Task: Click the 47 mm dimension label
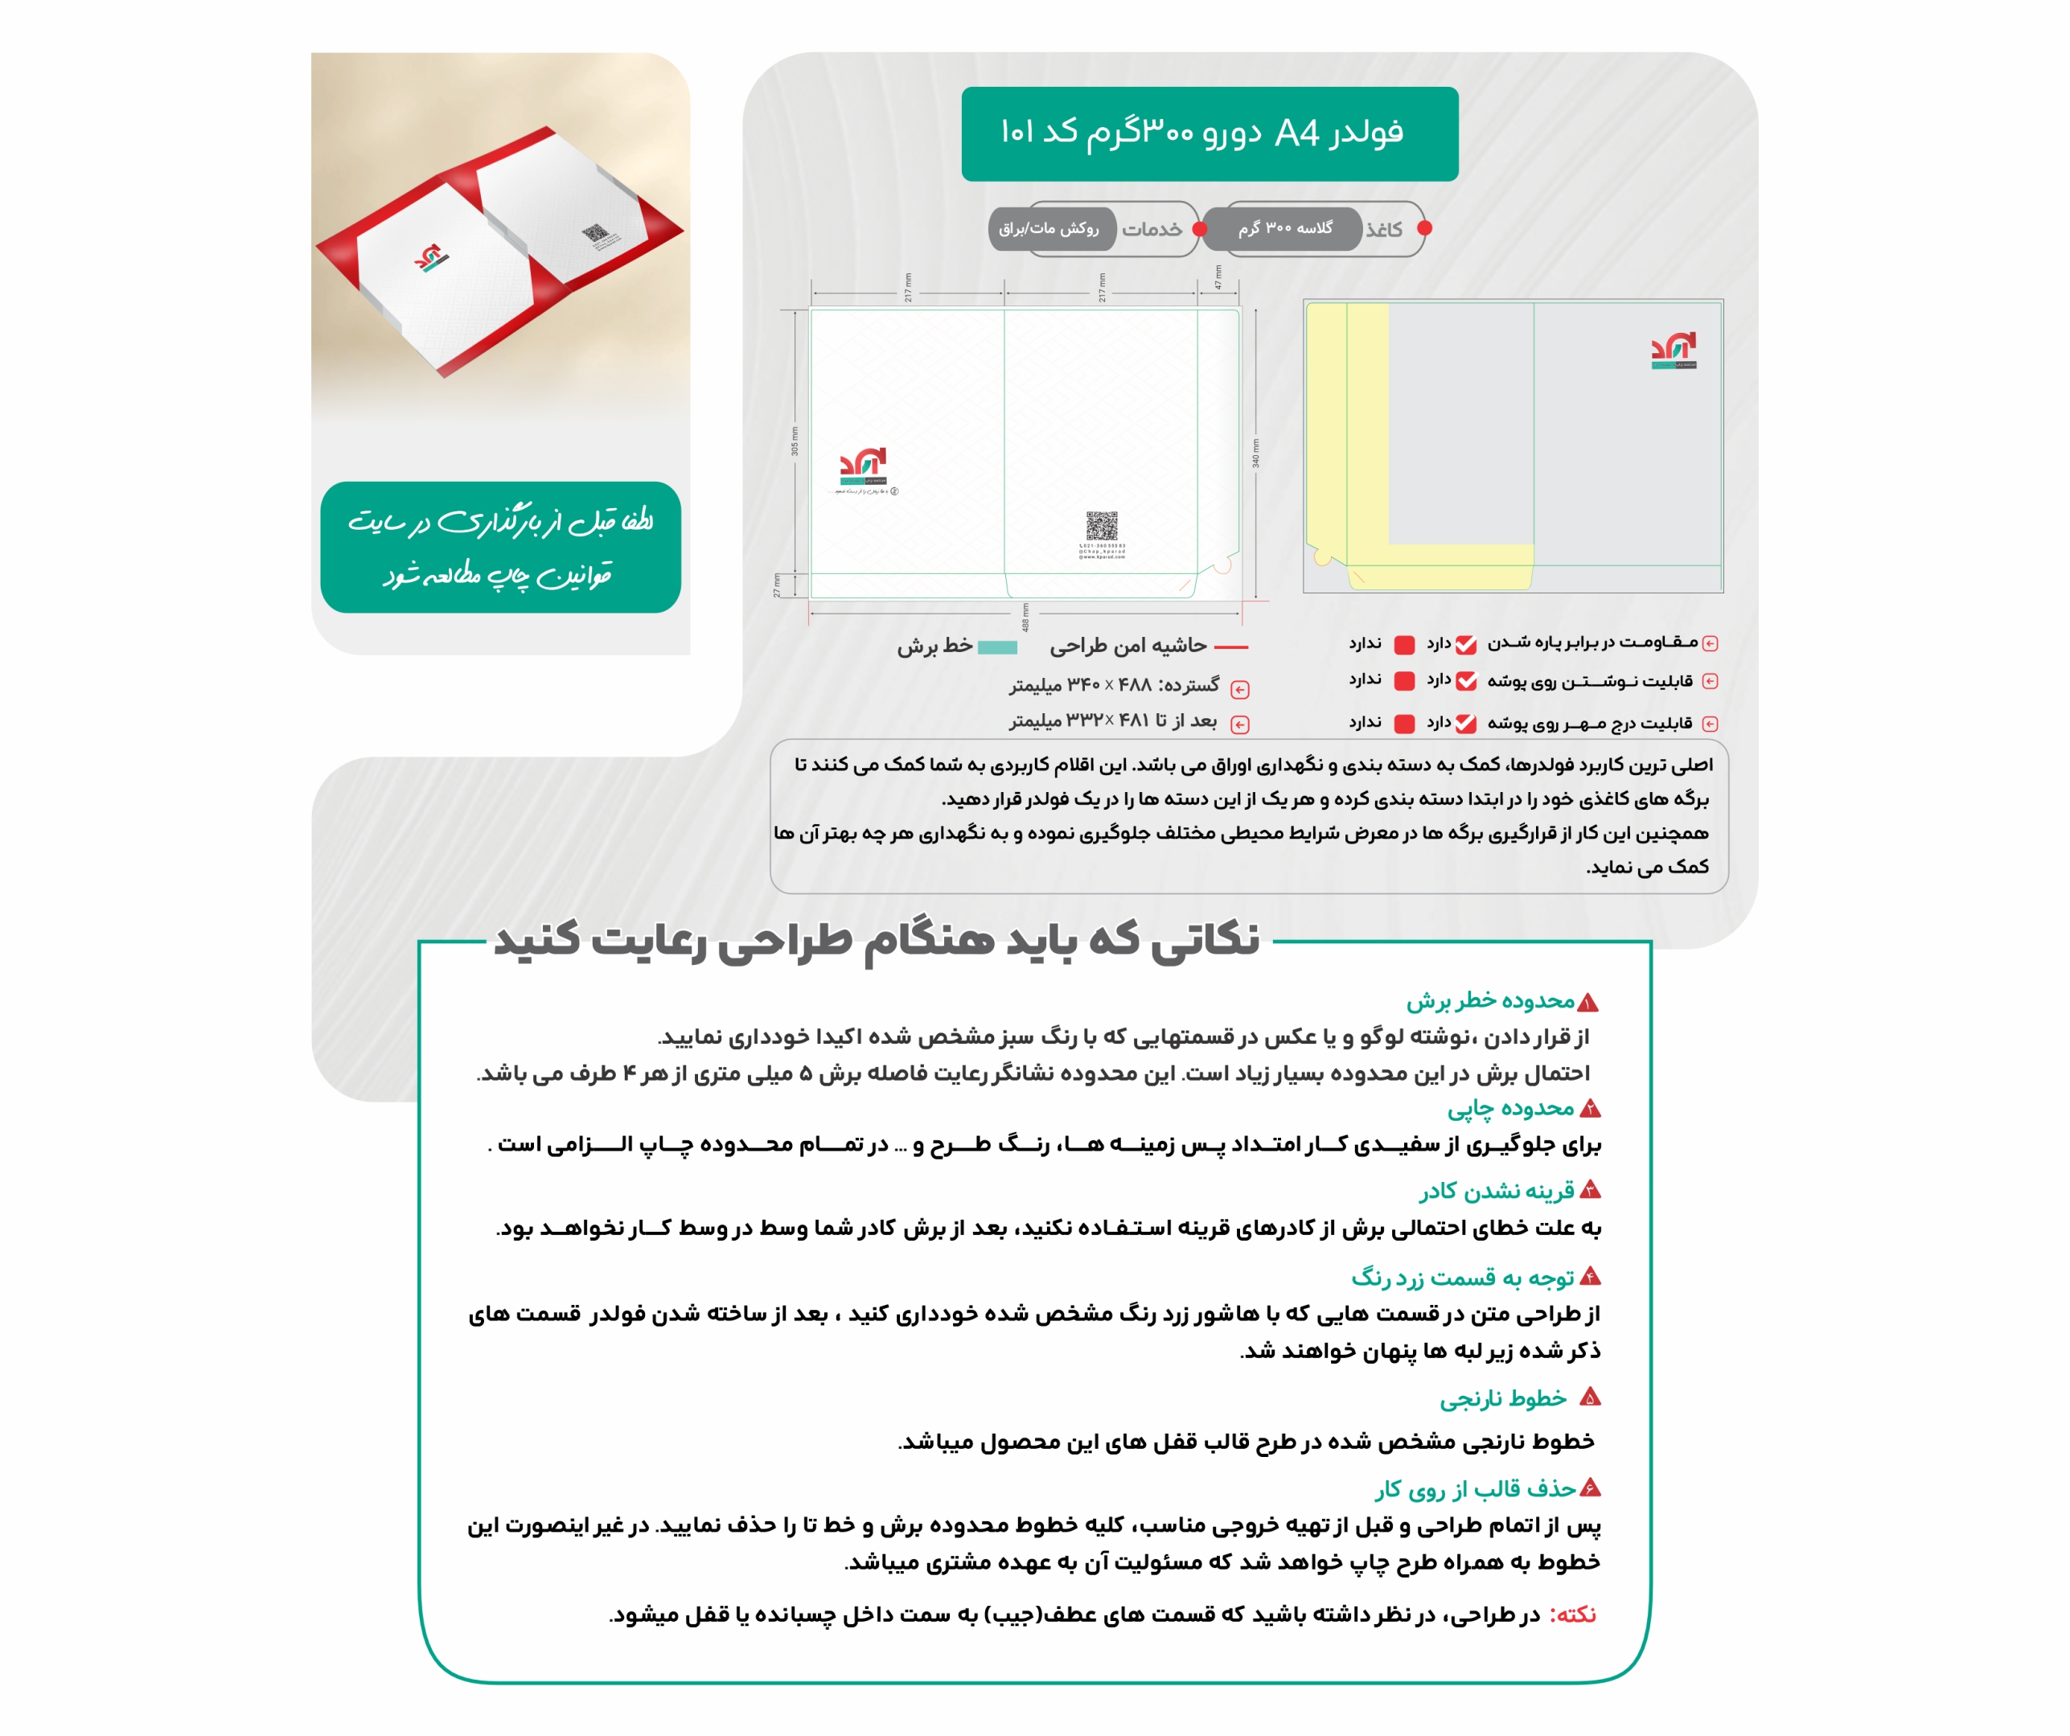[1218, 278]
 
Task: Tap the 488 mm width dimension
[1025, 617]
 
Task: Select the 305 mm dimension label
[795, 441]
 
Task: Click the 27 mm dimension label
[777, 585]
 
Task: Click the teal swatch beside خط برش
[996, 647]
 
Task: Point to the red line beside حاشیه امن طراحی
[1231, 647]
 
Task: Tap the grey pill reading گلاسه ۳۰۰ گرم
[1284, 228]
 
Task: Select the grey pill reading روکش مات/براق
[1049, 228]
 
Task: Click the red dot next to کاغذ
[1424, 228]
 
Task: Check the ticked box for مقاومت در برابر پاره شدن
[1467, 645]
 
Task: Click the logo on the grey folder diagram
[1674, 350]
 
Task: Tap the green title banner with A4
[1210, 133]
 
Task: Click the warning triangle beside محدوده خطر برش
[1587, 1003]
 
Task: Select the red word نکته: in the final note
[1573, 1615]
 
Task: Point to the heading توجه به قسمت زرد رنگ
[1463, 1278]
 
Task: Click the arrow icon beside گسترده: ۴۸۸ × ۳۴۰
[1240, 690]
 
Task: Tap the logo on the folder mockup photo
[429, 258]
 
